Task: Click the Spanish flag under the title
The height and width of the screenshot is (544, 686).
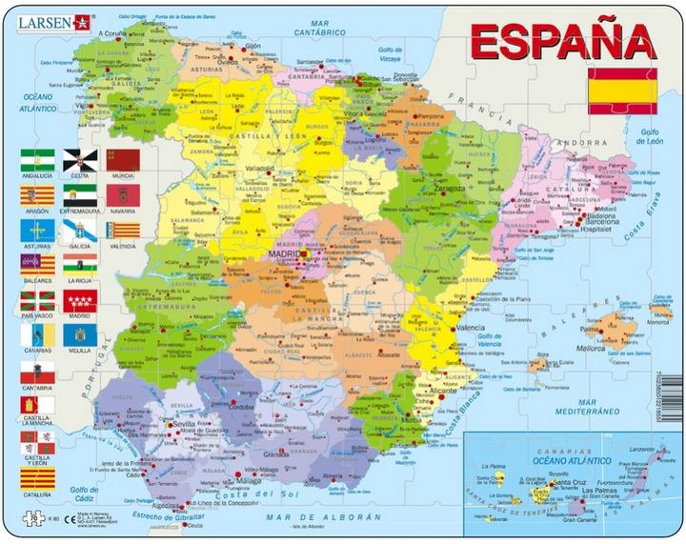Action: point(622,91)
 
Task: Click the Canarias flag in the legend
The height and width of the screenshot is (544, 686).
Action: point(37,335)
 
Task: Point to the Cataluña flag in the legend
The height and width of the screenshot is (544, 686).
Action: point(37,476)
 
